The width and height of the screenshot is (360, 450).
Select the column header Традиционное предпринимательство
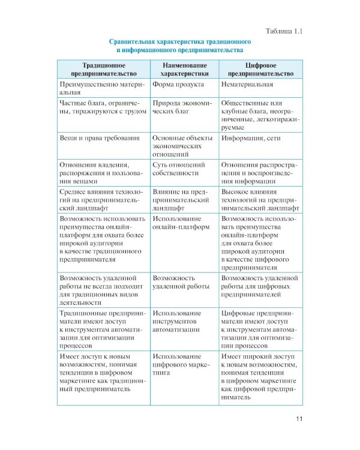pos(103,68)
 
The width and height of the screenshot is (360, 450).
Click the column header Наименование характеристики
pos(184,68)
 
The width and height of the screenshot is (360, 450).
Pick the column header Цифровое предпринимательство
pos(260,68)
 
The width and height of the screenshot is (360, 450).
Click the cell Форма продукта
pos(175,85)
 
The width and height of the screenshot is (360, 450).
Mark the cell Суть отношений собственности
pos(179,168)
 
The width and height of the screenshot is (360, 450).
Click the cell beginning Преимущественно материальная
pos(99,89)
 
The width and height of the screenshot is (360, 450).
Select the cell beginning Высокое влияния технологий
pos(260,199)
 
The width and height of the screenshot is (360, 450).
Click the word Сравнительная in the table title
pos(134,41)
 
